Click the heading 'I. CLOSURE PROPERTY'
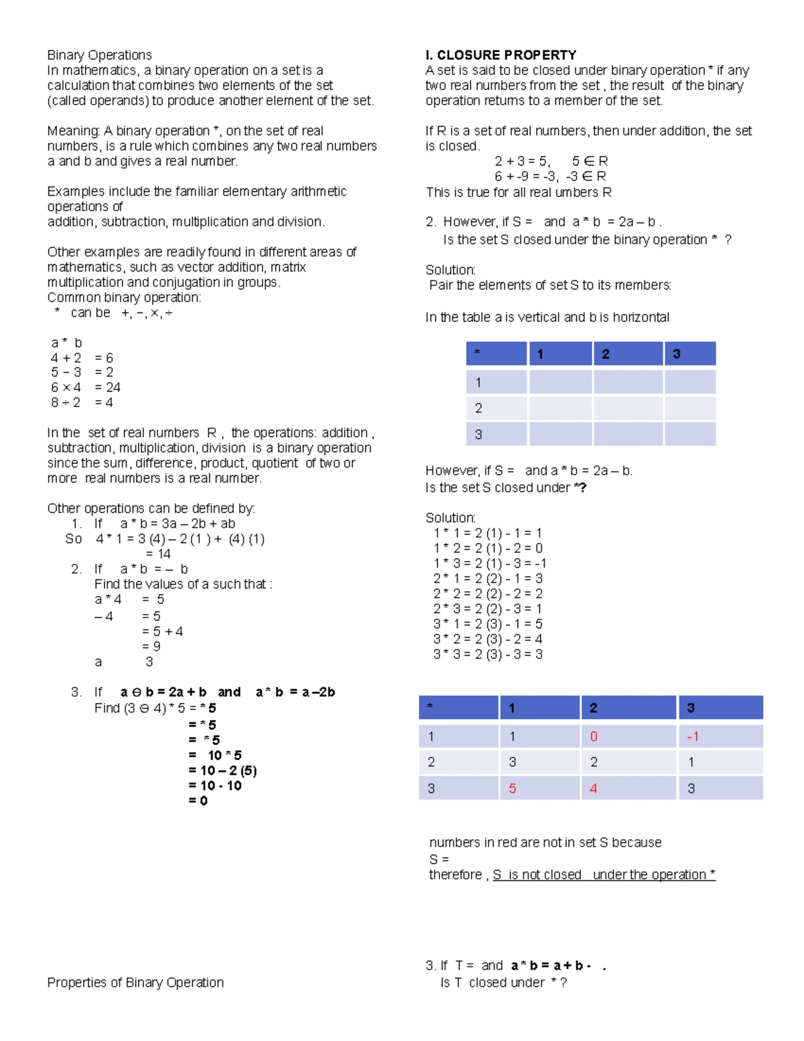point(500,55)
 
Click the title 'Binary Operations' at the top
point(99,55)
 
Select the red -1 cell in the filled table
point(693,737)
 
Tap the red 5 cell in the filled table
point(513,789)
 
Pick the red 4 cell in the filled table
point(593,789)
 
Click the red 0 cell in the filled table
point(593,737)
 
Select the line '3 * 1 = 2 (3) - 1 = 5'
point(488,624)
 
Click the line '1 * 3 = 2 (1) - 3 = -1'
point(490,564)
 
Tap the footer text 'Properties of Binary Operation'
point(135,983)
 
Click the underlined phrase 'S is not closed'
point(537,875)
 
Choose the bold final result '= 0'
point(198,801)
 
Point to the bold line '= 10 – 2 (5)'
point(222,771)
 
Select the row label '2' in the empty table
point(478,408)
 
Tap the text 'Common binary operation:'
point(124,298)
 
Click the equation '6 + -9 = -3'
point(526,177)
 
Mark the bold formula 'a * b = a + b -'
point(551,966)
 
